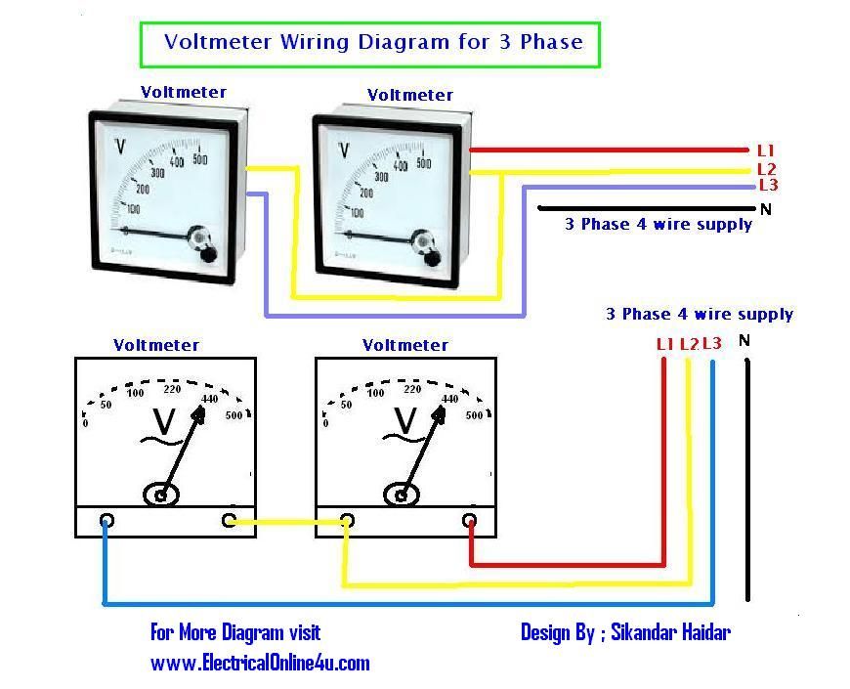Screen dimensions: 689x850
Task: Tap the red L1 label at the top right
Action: tap(765, 151)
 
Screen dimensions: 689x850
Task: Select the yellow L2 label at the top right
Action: tap(766, 169)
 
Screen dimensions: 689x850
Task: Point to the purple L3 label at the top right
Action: tap(768, 186)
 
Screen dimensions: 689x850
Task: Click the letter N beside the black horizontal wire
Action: tap(765, 209)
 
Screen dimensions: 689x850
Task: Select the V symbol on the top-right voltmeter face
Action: tap(343, 150)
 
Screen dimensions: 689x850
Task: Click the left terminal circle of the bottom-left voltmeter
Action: tap(106, 520)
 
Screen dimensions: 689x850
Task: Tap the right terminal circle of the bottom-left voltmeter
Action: tap(230, 520)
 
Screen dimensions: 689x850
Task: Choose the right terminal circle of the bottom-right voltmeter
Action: tap(470, 520)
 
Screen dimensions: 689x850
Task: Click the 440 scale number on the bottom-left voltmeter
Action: tap(209, 398)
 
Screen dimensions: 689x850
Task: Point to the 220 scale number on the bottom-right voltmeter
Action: tap(412, 389)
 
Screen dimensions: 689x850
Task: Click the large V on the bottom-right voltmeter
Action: tap(404, 422)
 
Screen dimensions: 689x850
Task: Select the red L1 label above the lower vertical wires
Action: tap(665, 343)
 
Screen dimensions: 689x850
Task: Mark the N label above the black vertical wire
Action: tap(744, 341)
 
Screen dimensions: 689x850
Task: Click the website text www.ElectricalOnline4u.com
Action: tap(260, 663)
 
